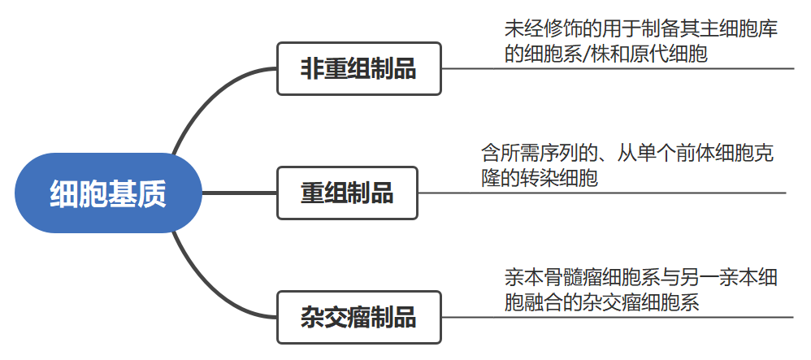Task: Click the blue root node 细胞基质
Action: coord(107,193)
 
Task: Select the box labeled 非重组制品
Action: coord(358,69)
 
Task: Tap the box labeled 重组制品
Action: coord(347,193)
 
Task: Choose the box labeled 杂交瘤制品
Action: coord(358,317)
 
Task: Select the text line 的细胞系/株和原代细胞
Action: coord(605,54)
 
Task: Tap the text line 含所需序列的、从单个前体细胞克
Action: coord(627,153)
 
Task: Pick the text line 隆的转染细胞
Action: coord(540,178)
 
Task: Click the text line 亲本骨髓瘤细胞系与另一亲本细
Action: coord(640,278)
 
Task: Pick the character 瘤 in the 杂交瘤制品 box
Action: coord(358,317)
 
